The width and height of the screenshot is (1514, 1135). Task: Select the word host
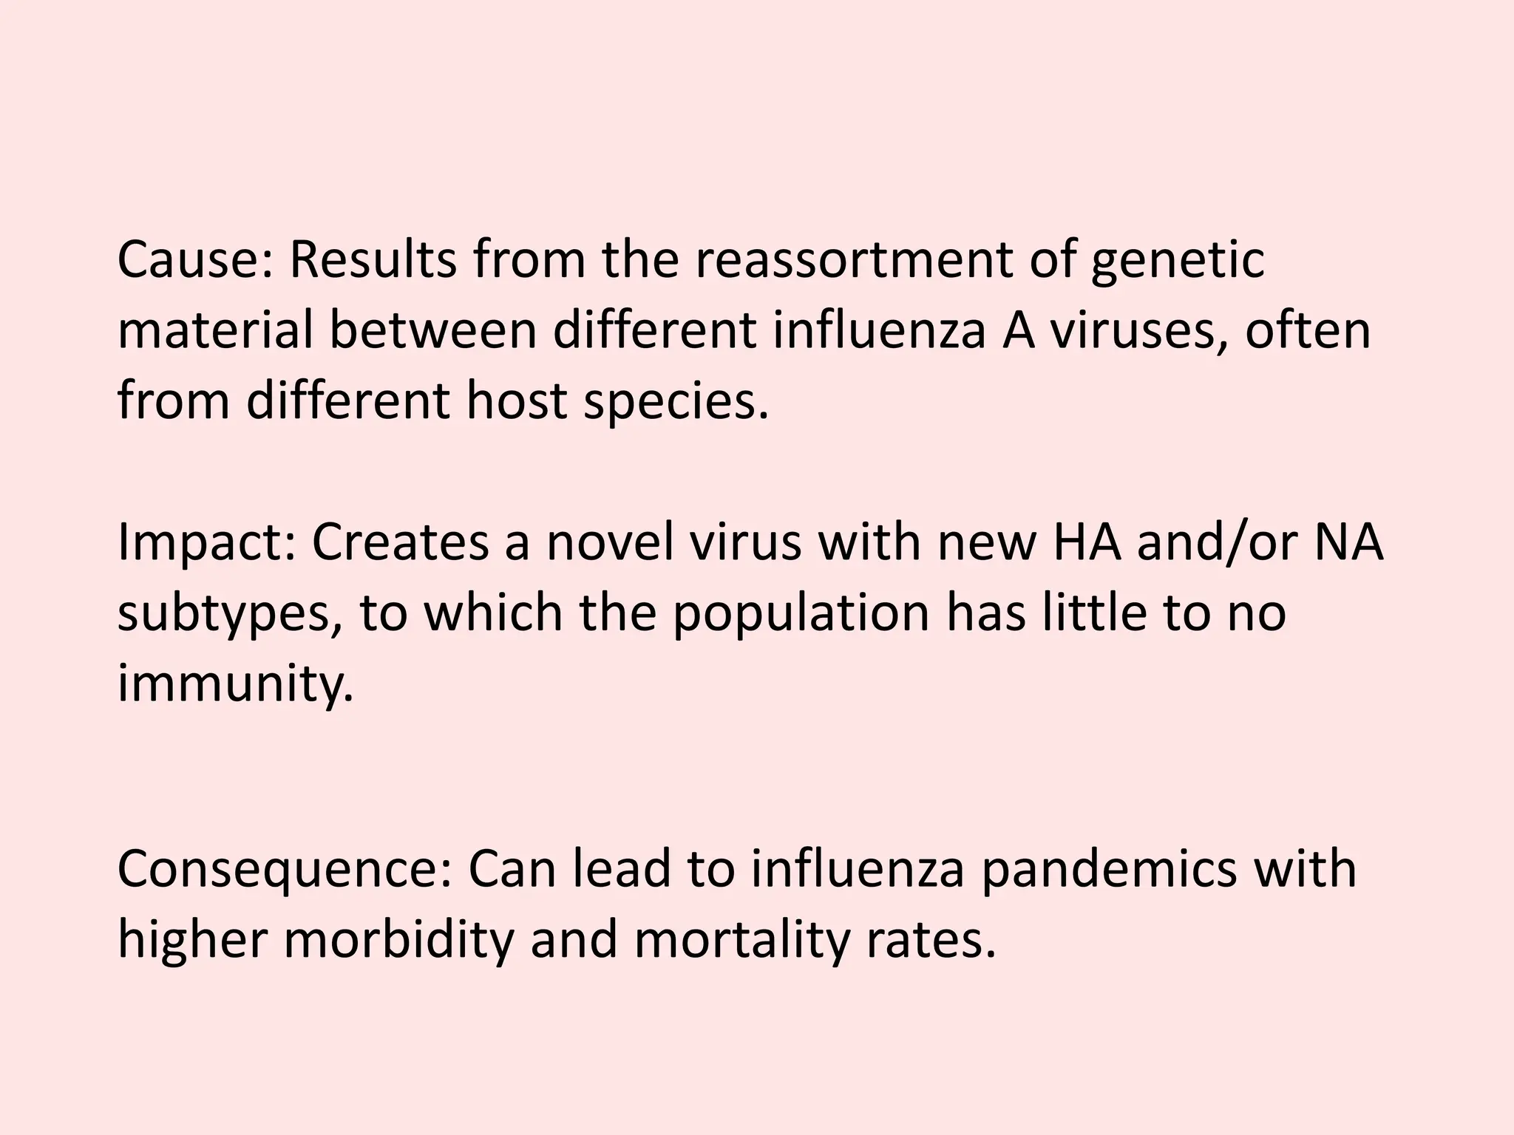coord(517,401)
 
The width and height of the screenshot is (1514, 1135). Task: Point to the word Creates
coord(400,543)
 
